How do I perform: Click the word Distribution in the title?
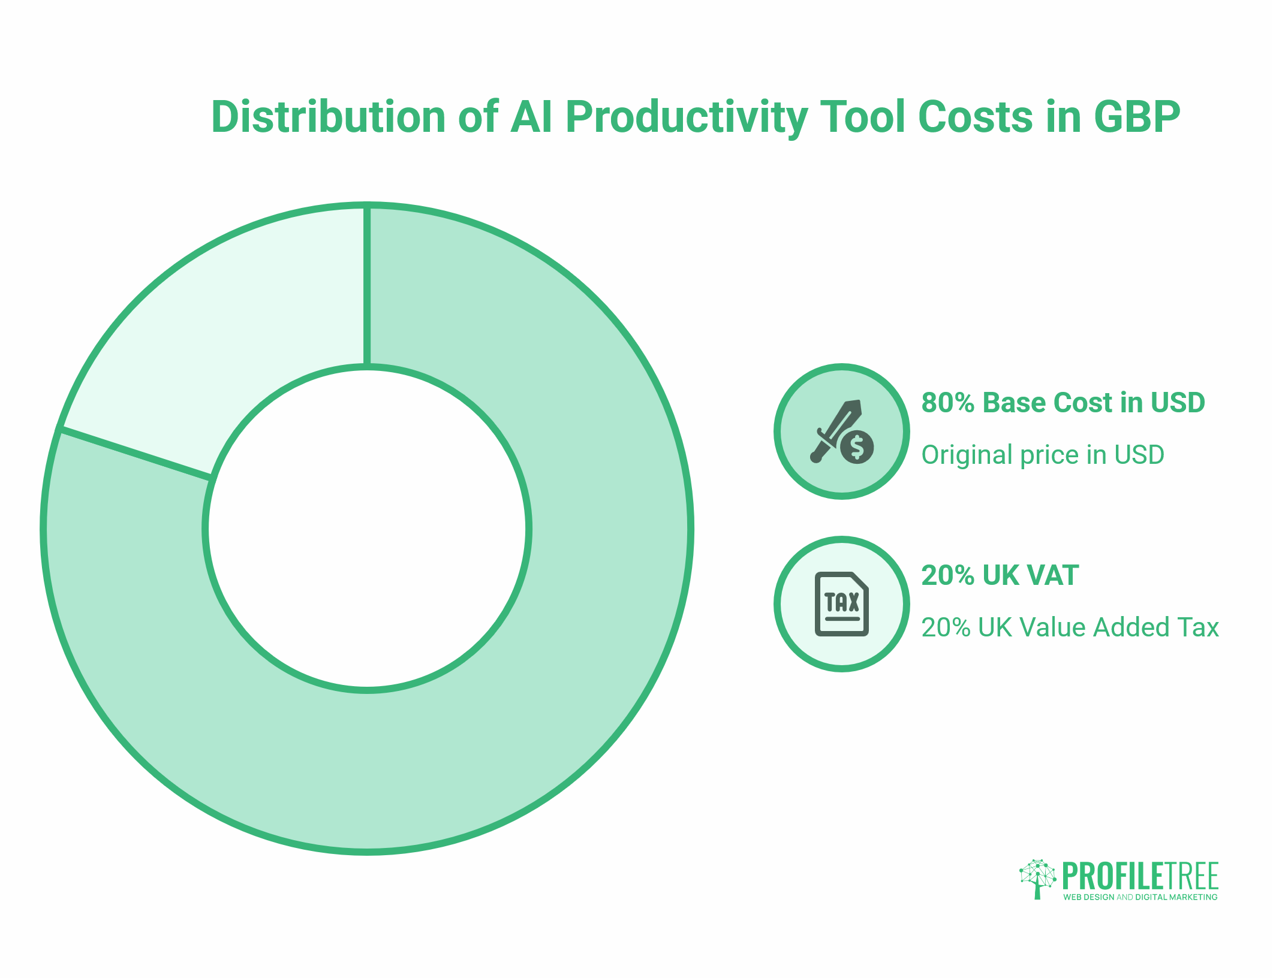pos(328,116)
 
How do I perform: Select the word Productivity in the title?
pos(686,117)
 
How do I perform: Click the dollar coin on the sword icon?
pos(857,447)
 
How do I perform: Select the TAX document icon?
pos(841,603)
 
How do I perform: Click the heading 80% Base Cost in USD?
pos(1063,403)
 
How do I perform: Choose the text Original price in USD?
pos(1042,455)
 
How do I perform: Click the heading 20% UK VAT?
pos(1000,575)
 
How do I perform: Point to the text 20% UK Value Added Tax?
pos(1070,627)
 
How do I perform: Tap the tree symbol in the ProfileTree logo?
pos(1037,879)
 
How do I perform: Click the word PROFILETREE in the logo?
pos(1140,876)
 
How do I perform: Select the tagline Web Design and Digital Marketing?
pos(1140,897)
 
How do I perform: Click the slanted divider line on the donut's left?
pos(136,453)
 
